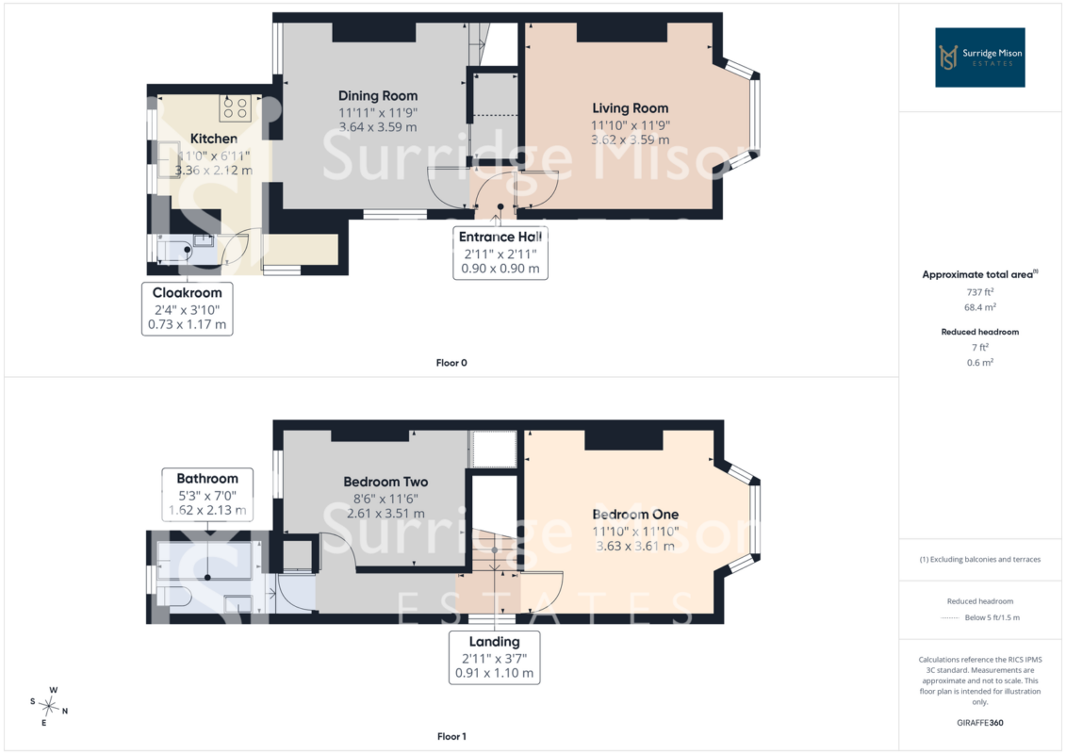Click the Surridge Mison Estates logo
tap(979, 57)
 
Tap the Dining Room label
tap(378, 96)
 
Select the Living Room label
tap(631, 108)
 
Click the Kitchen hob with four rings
tap(236, 108)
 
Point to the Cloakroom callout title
tap(187, 292)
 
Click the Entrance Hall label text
tap(500, 237)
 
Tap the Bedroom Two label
tap(385, 482)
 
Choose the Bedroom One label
tap(635, 514)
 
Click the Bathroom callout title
tap(207, 478)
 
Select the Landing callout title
tap(494, 641)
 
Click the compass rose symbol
tap(49, 707)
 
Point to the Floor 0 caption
tap(451, 362)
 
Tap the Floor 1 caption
tap(451, 736)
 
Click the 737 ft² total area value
tap(979, 291)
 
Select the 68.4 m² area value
tap(979, 307)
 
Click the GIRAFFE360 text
tap(979, 723)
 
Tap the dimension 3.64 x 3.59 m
tap(378, 127)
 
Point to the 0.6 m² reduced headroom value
tap(979, 362)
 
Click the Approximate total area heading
tap(979, 274)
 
